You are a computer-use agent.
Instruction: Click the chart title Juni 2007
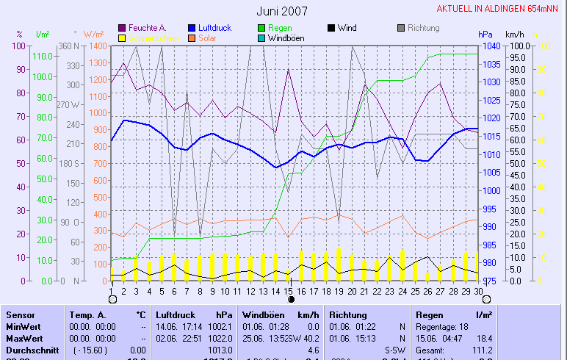[282, 11]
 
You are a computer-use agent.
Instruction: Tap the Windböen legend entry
[286, 37]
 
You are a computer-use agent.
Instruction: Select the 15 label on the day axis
[290, 291]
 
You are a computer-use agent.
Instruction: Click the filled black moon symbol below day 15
[291, 300]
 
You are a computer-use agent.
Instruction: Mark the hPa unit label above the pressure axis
[485, 35]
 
